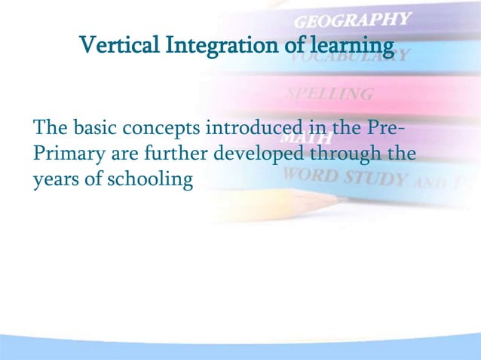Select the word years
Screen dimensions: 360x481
(54, 180)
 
